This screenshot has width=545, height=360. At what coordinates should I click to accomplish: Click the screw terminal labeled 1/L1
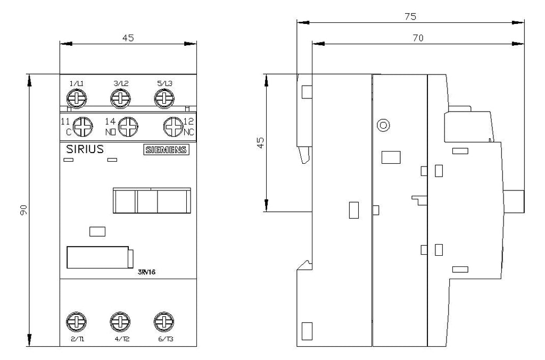[77, 98]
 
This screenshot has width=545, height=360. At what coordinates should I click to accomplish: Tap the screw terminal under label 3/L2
[121, 98]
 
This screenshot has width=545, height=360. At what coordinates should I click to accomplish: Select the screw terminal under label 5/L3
[164, 98]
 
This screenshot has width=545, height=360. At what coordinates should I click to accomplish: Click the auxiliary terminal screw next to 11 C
[82, 127]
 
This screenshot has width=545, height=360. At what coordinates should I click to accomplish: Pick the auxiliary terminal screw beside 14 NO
[128, 127]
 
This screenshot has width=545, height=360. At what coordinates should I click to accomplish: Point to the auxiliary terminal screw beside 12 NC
[174, 127]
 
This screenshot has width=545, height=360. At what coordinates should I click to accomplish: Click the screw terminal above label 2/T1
[77, 322]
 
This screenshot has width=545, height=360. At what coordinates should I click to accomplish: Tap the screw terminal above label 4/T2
[120, 322]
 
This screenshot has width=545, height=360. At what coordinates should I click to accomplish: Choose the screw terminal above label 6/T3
[164, 322]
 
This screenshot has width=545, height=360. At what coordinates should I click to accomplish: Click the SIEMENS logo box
[167, 149]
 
